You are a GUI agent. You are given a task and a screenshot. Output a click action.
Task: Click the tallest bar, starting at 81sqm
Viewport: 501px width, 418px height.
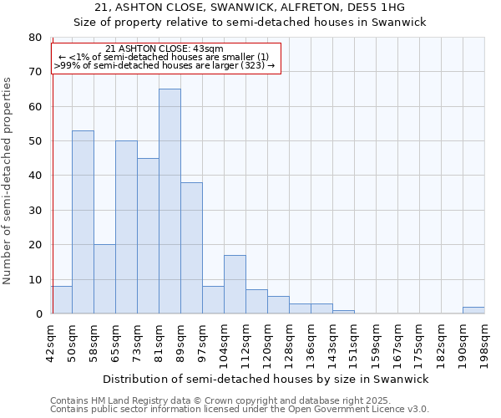(170, 201)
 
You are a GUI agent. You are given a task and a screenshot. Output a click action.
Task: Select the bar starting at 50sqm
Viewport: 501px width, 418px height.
(83, 222)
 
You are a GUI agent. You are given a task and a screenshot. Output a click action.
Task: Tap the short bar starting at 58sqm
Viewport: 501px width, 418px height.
(104, 279)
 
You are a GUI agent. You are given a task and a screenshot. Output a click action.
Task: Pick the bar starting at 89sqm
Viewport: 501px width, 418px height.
(191, 248)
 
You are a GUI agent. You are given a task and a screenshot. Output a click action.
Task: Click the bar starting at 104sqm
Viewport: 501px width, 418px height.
(235, 284)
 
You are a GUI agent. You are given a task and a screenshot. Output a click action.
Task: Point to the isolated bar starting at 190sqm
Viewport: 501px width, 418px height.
(473, 310)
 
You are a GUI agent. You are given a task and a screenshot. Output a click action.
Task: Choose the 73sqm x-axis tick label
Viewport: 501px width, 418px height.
(138, 343)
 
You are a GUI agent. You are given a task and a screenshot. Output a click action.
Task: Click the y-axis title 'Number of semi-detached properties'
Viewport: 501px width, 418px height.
(8, 181)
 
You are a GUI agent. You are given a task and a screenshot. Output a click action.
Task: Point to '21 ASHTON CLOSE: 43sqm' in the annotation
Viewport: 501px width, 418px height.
(164, 49)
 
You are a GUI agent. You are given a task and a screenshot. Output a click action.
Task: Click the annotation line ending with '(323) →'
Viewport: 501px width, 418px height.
(164, 65)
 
